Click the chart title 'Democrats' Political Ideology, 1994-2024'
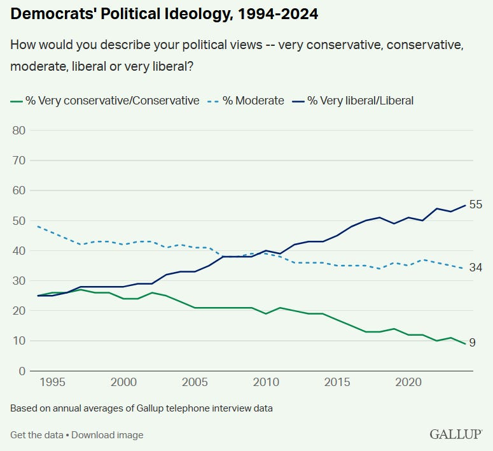click(164, 14)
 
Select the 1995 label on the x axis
click(52, 382)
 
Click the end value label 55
click(476, 204)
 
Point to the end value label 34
click(476, 268)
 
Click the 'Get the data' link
click(36, 435)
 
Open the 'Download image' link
click(107, 435)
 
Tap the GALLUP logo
click(455, 434)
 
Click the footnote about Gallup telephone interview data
click(141, 408)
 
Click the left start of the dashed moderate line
click(38, 226)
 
